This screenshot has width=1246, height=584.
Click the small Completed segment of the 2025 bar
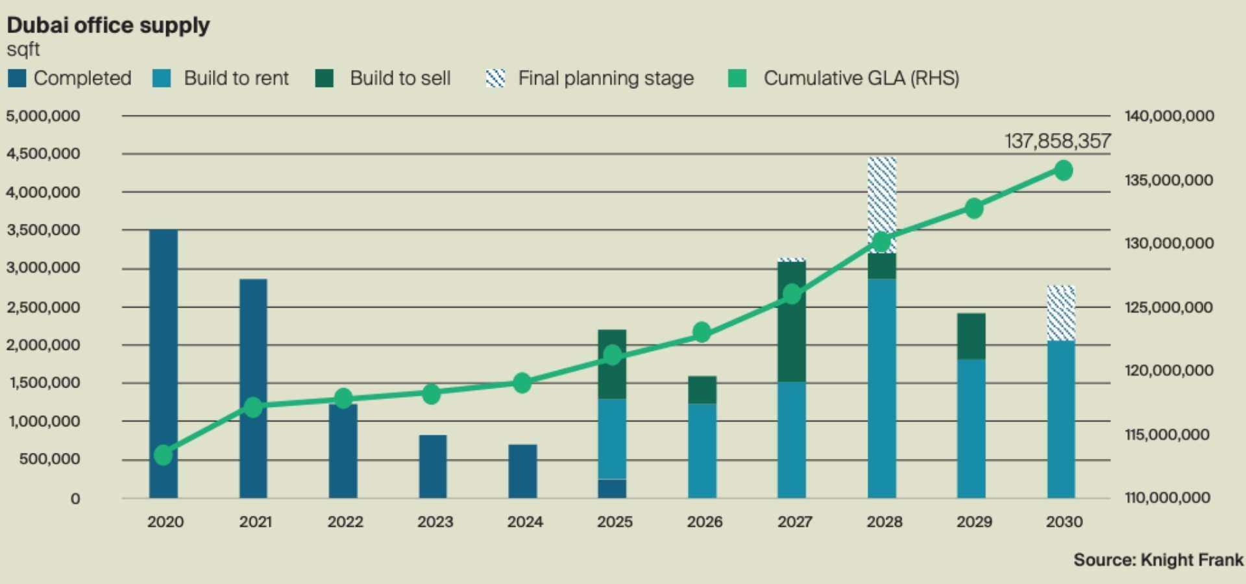tap(612, 489)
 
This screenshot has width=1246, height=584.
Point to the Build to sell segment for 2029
tap(971, 336)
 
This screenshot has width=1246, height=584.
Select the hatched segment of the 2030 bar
tap(1061, 313)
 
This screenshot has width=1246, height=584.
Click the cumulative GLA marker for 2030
tap(1063, 171)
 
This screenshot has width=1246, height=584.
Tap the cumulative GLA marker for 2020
tap(164, 455)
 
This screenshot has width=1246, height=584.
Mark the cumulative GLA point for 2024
tap(522, 383)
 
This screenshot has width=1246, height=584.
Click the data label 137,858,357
tap(1058, 141)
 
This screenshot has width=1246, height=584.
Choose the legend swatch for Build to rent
tap(162, 79)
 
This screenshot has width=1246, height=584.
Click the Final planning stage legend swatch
tap(496, 79)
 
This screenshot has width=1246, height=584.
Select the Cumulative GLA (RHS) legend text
tap(861, 79)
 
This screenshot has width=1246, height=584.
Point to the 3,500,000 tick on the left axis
tap(43, 230)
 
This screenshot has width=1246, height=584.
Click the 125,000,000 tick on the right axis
tap(1169, 307)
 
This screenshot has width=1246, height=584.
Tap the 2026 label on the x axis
tap(705, 522)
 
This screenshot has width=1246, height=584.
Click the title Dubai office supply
tap(108, 25)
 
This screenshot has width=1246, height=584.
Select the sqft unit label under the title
tap(23, 49)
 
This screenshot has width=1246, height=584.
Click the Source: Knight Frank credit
tap(1158, 560)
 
